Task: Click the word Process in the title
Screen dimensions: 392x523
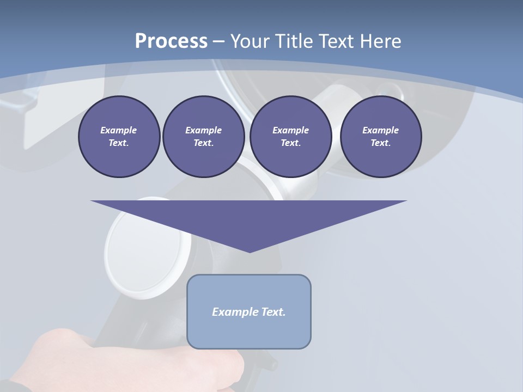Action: pyautogui.click(x=171, y=41)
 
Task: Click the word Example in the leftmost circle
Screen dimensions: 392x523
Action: pyautogui.click(x=119, y=130)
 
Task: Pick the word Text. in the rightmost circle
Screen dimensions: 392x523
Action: pyautogui.click(x=381, y=143)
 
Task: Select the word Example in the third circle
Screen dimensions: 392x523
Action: pyautogui.click(x=290, y=130)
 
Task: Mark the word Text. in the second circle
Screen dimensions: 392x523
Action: pyautogui.click(x=203, y=143)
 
